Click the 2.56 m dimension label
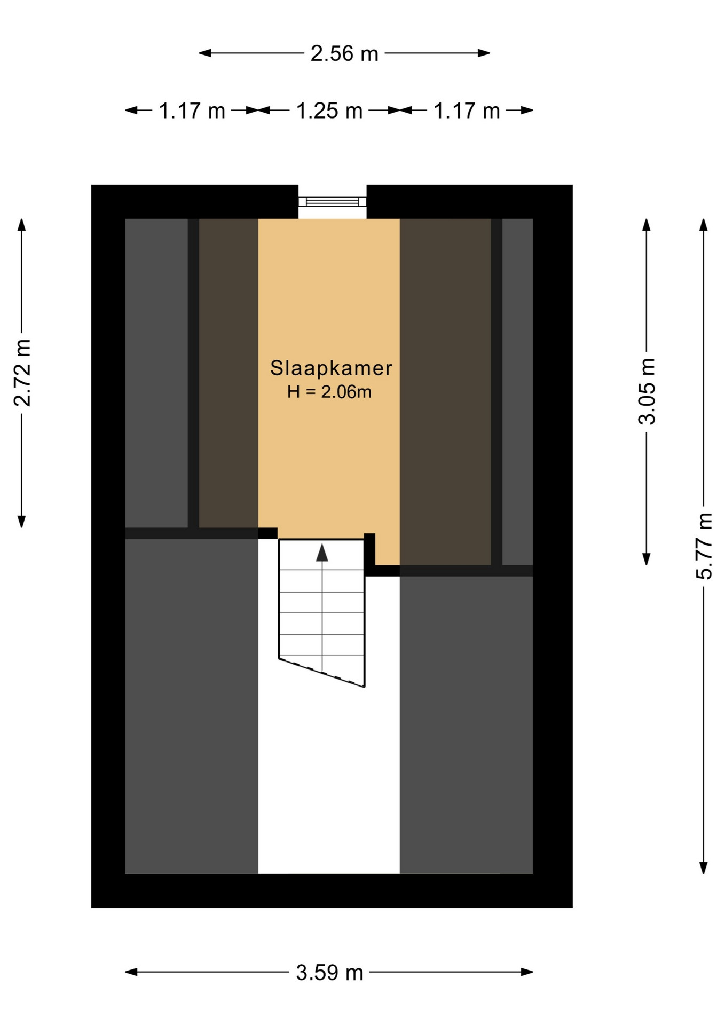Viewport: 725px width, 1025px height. (344, 53)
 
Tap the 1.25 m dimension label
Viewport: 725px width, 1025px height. (329, 111)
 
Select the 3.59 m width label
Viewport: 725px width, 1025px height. (329, 973)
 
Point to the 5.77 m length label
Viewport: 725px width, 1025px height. (704, 546)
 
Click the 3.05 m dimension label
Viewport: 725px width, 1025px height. (647, 391)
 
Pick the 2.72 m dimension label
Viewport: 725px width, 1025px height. (22, 373)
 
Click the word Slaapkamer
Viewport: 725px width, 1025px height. (331, 368)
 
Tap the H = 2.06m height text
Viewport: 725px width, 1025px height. (329, 392)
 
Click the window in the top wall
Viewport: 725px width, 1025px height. (332, 201)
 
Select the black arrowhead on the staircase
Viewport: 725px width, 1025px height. (322, 553)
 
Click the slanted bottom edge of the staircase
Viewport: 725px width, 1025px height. (321, 673)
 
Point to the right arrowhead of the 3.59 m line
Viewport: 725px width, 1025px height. (527, 972)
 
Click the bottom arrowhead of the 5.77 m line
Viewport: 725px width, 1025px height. (704, 868)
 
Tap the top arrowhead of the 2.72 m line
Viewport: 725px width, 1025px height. (21, 225)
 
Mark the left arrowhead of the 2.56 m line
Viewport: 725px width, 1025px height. (205, 53)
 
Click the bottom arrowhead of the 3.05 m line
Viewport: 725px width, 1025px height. (646, 559)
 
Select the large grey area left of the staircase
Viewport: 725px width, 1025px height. (191, 706)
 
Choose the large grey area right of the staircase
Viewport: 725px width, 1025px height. (466, 724)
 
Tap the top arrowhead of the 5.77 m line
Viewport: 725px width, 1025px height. (704, 225)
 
